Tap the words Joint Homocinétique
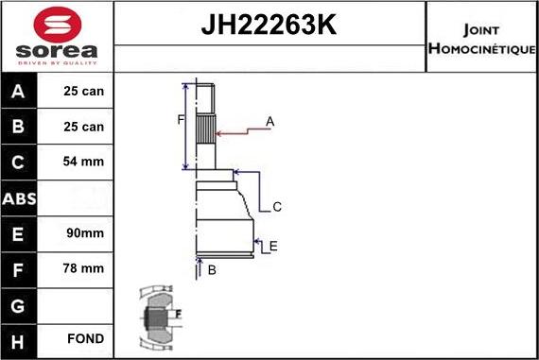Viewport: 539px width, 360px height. click(x=482, y=35)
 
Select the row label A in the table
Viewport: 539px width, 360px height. click(x=20, y=92)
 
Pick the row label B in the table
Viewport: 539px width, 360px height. click(x=20, y=127)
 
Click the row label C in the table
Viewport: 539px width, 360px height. click(x=20, y=163)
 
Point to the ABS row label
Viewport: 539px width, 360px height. click(x=20, y=197)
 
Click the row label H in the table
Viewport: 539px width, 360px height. click(x=20, y=339)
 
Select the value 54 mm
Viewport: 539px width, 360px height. click(x=84, y=163)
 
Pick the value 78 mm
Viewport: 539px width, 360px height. click(x=84, y=268)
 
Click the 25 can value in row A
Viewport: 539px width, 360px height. click(x=84, y=92)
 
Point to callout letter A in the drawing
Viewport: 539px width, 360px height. click(x=269, y=121)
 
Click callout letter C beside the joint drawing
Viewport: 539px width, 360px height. click(x=277, y=206)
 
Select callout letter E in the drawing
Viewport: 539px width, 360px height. click(x=272, y=247)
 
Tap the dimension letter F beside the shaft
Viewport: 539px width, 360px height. click(x=180, y=119)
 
